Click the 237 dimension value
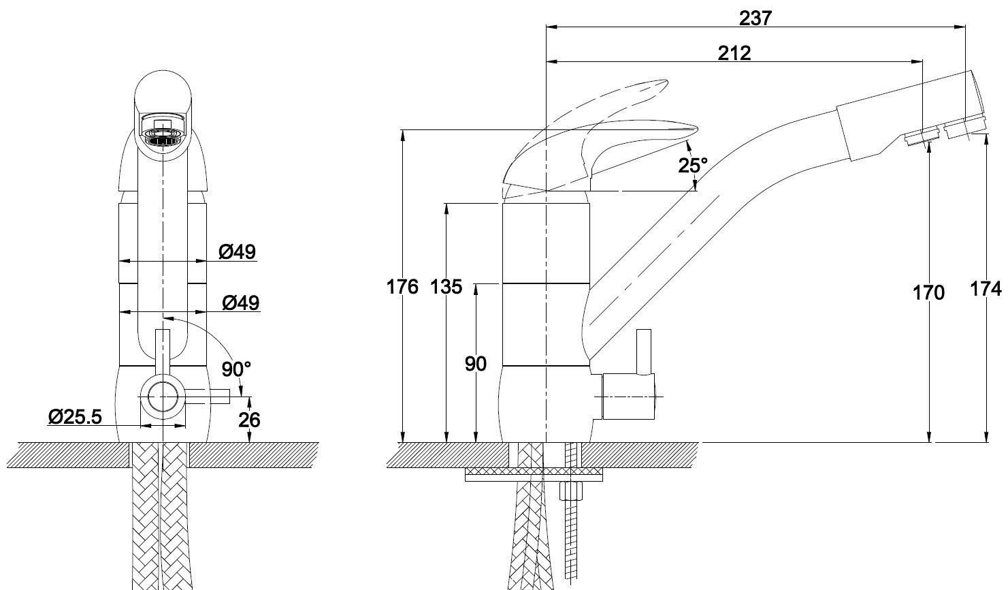click(755, 18)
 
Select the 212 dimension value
click(734, 53)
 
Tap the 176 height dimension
click(402, 286)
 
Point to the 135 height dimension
click(446, 286)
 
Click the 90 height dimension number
click(476, 364)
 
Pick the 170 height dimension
click(928, 293)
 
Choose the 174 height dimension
click(986, 289)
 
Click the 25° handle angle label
click(693, 166)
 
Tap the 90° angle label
click(236, 369)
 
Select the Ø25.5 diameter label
click(75, 416)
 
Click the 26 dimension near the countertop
click(249, 420)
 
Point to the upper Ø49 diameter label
click(237, 252)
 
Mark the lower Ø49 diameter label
click(241, 302)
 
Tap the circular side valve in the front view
click(163, 397)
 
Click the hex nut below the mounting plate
click(570, 491)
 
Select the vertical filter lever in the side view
click(644, 352)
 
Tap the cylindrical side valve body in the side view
click(629, 397)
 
